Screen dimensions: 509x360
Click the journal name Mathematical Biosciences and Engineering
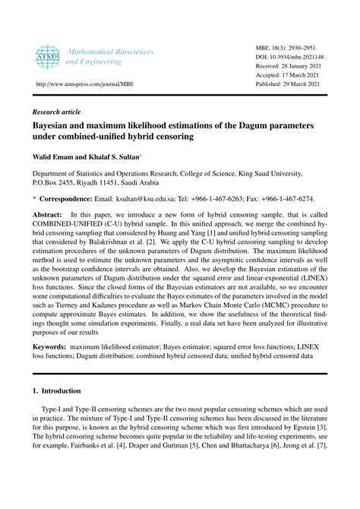coord(111,58)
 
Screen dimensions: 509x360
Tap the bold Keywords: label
coord(49,346)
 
